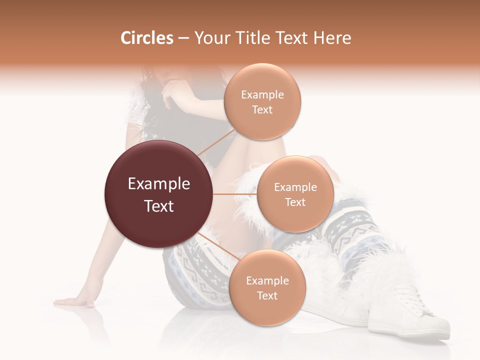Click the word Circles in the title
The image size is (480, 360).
point(146,38)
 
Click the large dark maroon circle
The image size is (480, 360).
point(158,194)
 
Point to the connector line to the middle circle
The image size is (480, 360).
point(234,194)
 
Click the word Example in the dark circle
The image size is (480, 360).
point(159,184)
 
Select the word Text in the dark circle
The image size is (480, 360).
point(159,206)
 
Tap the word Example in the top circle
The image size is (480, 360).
point(262,95)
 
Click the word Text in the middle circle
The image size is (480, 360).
point(295,202)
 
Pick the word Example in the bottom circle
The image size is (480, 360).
point(267,281)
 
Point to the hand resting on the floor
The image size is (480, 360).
point(75,301)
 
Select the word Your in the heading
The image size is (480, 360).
point(210,38)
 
